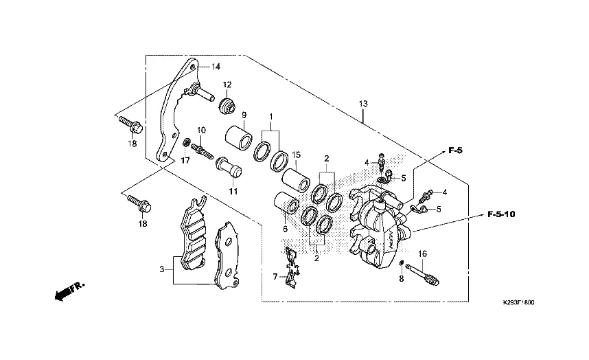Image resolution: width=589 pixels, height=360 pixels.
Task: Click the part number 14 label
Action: [216, 67]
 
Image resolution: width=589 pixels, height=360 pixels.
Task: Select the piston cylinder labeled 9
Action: [240, 137]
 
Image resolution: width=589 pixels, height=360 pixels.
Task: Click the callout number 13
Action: [363, 104]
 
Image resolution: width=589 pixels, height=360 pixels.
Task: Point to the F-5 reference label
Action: [455, 150]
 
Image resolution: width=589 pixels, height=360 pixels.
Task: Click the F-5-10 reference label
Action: [501, 214]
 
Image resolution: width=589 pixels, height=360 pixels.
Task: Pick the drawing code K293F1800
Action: [518, 302]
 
